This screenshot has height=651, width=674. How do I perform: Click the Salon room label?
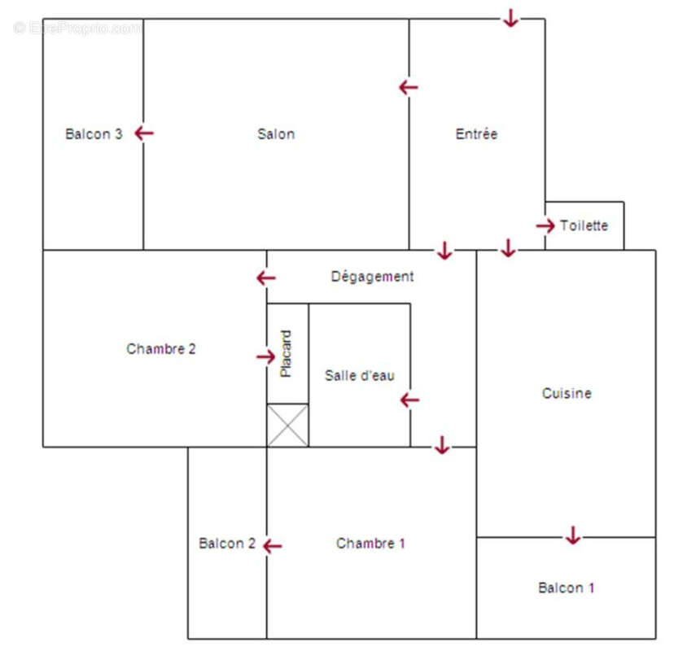click(x=276, y=134)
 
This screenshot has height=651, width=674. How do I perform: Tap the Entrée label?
click(x=476, y=134)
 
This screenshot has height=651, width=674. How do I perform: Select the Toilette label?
click(x=584, y=225)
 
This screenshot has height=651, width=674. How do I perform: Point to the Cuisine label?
click(x=567, y=393)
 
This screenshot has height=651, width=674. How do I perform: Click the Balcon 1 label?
click(x=567, y=588)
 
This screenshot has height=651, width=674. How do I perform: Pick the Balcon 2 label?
click(x=227, y=544)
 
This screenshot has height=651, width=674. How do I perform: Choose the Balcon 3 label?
click(x=94, y=134)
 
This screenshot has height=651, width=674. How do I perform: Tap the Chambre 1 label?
click(x=370, y=544)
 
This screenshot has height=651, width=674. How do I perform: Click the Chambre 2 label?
click(x=161, y=349)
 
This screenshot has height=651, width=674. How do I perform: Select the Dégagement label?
click(x=372, y=277)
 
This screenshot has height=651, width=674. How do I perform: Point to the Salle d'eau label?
click(x=359, y=375)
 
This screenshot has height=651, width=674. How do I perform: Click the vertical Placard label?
click(x=286, y=353)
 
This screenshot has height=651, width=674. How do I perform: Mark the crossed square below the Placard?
click(x=288, y=425)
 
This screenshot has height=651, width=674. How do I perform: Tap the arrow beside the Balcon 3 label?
click(x=144, y=133)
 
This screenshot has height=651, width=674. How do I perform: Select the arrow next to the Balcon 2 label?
click(x=272, y=546)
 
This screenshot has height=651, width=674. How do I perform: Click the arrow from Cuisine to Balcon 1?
click(x=573, y=535)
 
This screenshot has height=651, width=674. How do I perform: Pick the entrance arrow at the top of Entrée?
click(x=510, y=18)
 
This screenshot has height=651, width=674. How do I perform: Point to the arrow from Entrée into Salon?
click(x=408, y=87)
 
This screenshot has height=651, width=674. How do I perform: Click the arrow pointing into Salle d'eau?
click(x=409, y=400)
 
